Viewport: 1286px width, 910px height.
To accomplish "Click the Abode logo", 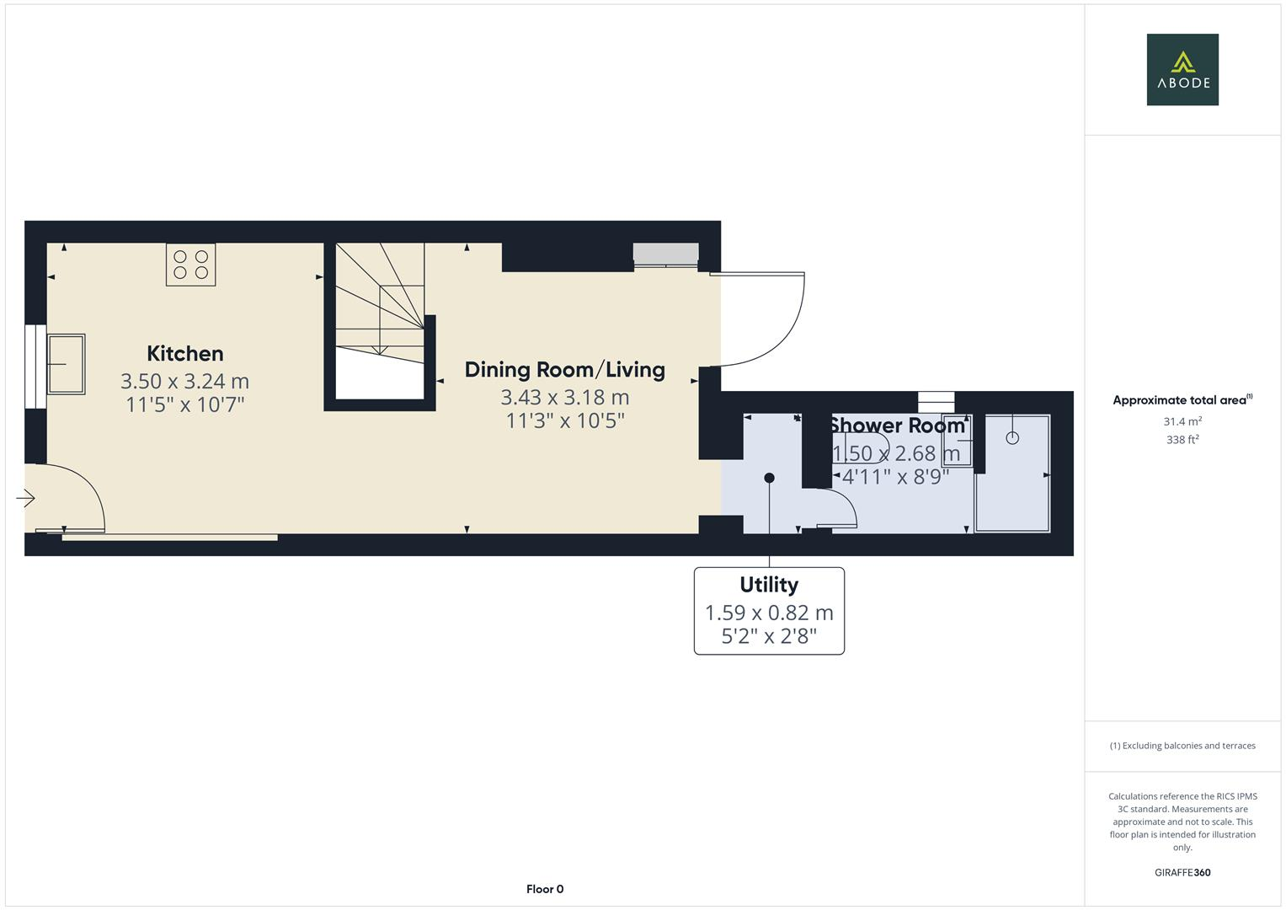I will (x=1182, y=69).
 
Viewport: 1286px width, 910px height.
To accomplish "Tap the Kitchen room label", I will (x=184, y=353).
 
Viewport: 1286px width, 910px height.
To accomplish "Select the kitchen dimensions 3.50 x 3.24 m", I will (x=184, y=382).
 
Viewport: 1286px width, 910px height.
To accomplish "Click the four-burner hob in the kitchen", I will (x=190, y=264).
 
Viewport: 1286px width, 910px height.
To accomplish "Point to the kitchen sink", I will (x=66, y=364).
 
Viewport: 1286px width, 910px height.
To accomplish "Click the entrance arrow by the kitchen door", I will (x=25, y=499).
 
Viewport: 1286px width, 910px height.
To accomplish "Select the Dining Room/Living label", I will (x=564, y=369).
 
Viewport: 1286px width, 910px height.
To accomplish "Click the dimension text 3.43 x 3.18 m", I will (x=564, y=397).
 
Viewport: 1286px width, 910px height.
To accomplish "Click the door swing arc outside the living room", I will (x=775, y=337).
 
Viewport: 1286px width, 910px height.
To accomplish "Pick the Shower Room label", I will (x=896, y=426).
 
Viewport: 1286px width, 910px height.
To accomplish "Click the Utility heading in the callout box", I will (x=768, y=585).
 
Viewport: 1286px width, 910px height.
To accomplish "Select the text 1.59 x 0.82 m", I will (x=768, y=613).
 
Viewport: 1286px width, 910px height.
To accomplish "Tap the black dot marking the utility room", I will (x=768, y=478).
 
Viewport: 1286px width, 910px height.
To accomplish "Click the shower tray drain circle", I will (x=1012, y=437).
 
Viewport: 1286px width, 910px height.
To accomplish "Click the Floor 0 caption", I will (x=544, y=889).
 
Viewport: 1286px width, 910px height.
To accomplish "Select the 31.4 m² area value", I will (x=1182, y=421).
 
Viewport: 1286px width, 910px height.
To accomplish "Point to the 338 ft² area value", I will (x=1182, y=440).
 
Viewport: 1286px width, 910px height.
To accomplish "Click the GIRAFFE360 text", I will (x=1182, y=872).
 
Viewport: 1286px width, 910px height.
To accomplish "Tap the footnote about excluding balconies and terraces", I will (x=1182, y=746).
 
